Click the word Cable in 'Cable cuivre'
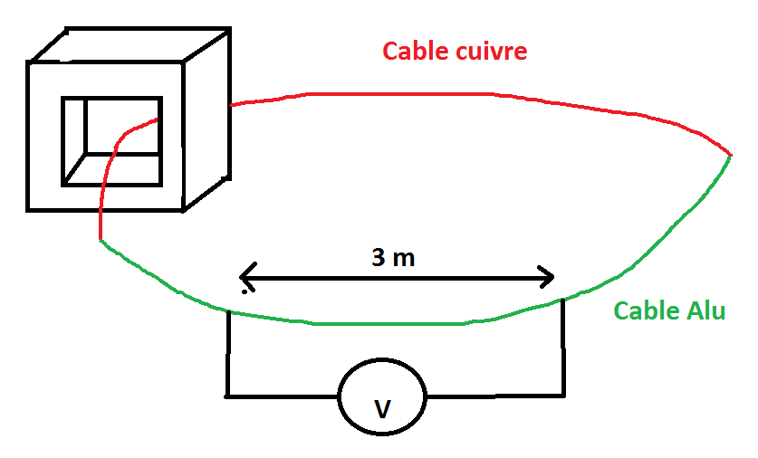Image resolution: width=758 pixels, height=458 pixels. tap(413, 51)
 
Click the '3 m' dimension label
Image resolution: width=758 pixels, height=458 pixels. tap(393, 258)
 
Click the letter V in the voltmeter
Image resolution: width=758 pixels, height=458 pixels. tap(382, 411)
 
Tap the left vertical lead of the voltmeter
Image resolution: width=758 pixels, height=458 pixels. tap(226, 353)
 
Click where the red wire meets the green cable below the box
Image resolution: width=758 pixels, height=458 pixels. tap(100, 240)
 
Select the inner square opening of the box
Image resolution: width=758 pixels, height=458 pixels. tap(110, 140)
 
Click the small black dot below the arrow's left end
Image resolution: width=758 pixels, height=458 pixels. tap(245, 291)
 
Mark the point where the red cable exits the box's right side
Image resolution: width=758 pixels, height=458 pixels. tap(231, 105)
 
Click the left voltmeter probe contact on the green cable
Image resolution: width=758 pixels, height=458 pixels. tap(226, 311)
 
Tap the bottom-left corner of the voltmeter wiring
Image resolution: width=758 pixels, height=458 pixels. tap(226, 395)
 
